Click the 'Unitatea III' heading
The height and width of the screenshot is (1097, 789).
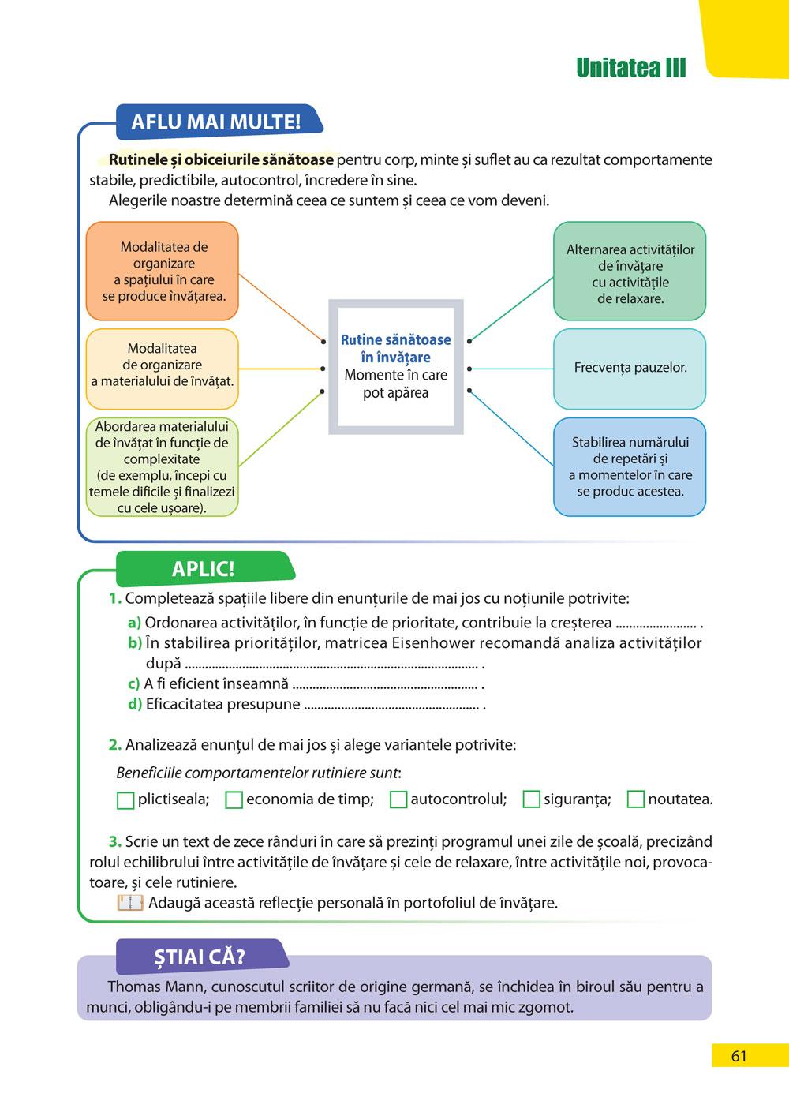point(630,68)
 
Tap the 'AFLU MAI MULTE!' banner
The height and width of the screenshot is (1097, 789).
point(216,122)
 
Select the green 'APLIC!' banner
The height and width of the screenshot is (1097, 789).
point(204,569)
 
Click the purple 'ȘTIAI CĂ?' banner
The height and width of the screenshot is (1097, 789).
point(200,957)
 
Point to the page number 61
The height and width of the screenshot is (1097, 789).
point(739,1056)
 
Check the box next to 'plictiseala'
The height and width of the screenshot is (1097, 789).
point(125,800)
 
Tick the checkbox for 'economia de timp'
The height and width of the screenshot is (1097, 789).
point(234,800)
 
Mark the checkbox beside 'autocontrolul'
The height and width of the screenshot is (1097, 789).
point(398,800)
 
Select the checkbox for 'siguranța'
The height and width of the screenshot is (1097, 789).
point(532,800)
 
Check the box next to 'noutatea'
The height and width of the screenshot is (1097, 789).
point(636,800)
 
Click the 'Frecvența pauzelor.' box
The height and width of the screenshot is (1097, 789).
point(630,368)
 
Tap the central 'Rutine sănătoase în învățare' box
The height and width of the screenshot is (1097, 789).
point(395,366)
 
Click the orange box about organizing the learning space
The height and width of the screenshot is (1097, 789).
point(163,271)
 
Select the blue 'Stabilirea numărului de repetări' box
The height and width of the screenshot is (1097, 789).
point(630,466)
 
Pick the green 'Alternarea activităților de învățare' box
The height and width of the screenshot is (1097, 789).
point(630,271)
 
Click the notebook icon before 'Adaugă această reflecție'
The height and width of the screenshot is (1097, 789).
point(129,903)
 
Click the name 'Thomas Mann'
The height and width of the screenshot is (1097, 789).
point(145,987)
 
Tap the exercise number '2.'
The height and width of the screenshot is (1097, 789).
point(114,745)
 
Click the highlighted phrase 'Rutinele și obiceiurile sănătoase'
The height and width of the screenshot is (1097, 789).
point(221,160)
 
